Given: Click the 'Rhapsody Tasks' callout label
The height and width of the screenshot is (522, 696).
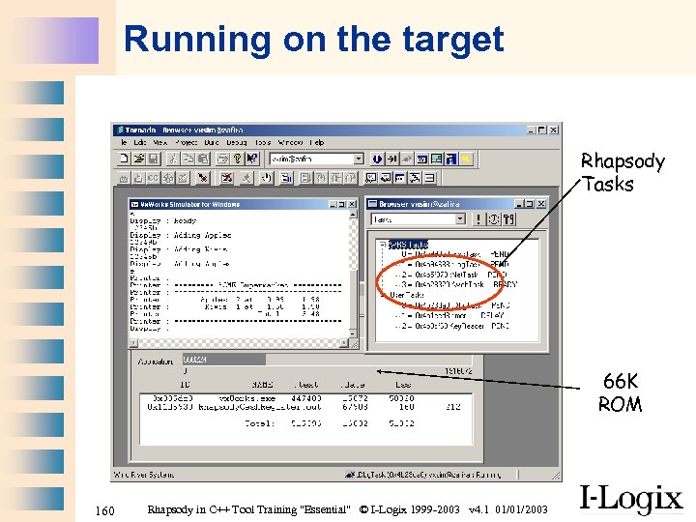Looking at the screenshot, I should coord(623,172).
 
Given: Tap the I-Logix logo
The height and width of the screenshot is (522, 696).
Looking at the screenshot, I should coord(630,499).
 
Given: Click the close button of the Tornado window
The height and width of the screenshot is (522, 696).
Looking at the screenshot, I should coord(554,129).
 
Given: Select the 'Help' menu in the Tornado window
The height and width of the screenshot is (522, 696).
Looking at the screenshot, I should coord(317,142).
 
